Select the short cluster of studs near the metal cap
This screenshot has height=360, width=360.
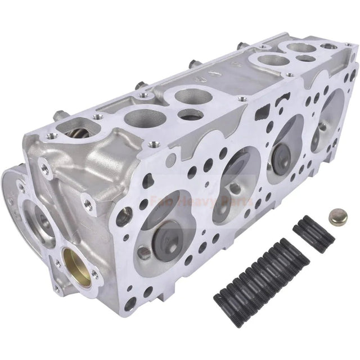(313, 231)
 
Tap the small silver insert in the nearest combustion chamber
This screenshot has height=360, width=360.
(144, 253)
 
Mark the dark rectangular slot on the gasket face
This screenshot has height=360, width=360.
(262, 115)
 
